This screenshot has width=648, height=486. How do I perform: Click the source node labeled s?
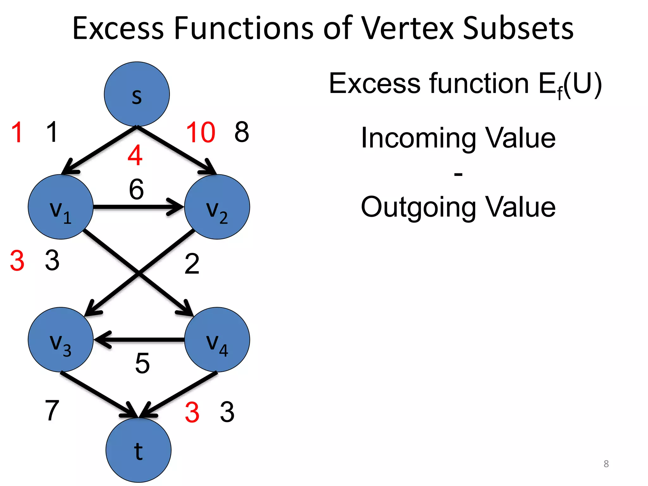137,94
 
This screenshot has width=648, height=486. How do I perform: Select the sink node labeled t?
138,450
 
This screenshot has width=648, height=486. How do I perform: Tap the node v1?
61,207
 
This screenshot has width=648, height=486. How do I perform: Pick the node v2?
217,207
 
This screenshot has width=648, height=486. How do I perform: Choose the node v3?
61,340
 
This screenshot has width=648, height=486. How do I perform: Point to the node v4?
217,340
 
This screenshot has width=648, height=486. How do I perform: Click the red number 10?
201,132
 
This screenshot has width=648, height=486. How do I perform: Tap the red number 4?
135,155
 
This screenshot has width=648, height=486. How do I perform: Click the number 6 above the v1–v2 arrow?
136,189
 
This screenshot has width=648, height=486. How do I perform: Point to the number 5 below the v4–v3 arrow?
142,363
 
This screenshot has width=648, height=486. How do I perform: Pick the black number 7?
52,410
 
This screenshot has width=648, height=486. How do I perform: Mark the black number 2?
192,264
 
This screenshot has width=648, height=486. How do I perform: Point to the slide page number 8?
606,464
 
